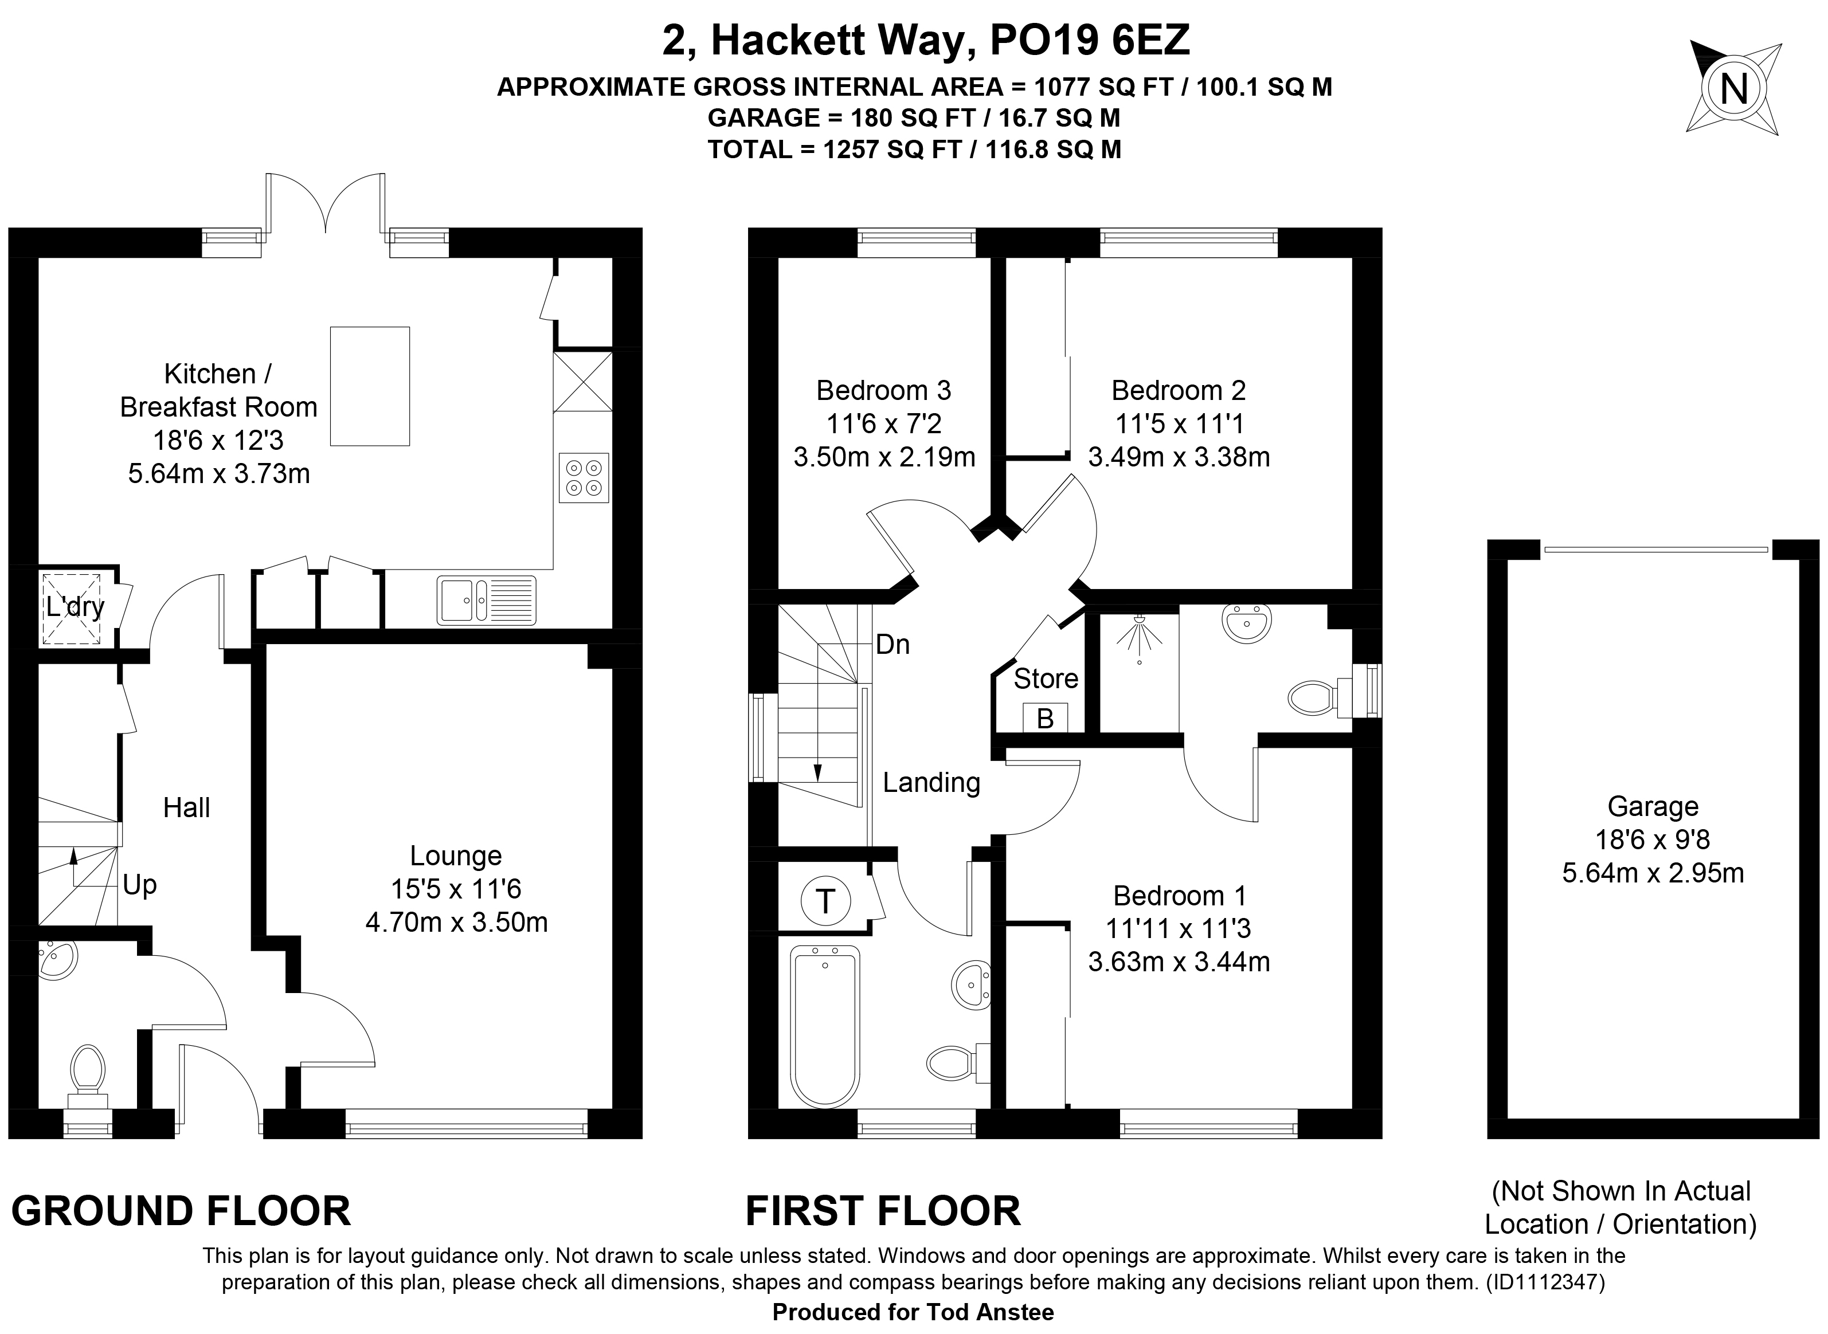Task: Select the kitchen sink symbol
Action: pos(486,600)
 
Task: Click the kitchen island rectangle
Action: pos(370,386)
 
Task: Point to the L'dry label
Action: pos(75,606)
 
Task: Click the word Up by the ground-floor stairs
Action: pos(140,885)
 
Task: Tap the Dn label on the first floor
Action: pos(893,645)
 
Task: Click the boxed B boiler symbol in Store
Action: pos(1045,718)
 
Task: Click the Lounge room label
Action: pos(456,855)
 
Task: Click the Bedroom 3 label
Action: pos(884,390)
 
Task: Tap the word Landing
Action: pos(931,783)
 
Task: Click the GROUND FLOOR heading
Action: pos(181,1211)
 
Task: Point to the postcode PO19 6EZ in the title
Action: pos(1090,40)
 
